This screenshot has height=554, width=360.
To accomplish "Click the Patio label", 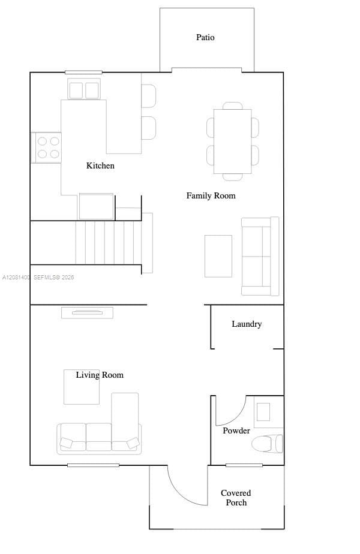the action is tap(205, 37).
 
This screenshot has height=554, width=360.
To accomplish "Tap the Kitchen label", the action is tap(100, 165).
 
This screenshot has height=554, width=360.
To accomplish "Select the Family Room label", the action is tap(211, 195).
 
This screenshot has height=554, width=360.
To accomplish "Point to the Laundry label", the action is tap(247, 324).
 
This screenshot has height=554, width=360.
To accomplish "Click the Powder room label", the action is tap(236, 430).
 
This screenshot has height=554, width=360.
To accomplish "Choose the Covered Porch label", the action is tap(236, 498).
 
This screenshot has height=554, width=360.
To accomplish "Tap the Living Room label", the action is tap(100, 375).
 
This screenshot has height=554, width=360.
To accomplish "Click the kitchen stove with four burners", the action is tap(46, 147).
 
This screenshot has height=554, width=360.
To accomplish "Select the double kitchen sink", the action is tap(84, 89).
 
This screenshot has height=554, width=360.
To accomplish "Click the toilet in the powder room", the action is tap(268, 444).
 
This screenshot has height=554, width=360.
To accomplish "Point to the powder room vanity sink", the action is tap(263, 412).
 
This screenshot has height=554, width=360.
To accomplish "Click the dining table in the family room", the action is tap(233, 141).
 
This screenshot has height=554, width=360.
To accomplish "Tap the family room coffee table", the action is tap(218, 256).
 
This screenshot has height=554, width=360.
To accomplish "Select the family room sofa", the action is tap(260, 256).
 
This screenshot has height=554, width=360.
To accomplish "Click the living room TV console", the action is tap(88, 313).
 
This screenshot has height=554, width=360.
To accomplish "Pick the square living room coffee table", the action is tap(82, 387).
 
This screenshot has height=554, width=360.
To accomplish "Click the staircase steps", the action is tap(109, 243).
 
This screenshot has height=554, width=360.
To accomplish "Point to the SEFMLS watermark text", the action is tap(54, 278).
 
